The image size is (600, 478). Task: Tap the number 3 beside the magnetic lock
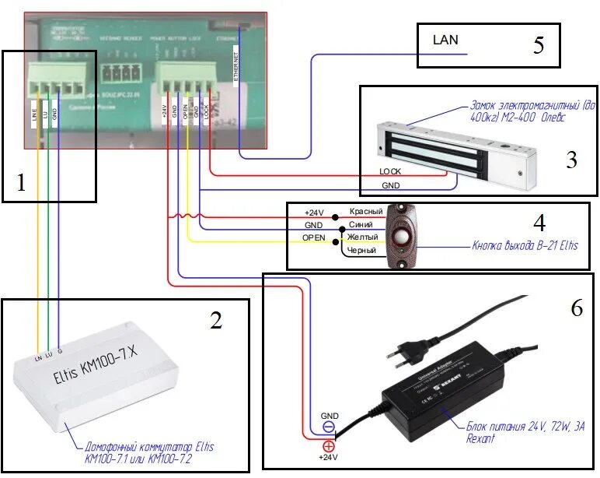tap(570, 160)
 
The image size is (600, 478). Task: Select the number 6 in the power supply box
tap(575, 308)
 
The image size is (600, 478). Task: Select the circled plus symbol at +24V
tap(329, 446)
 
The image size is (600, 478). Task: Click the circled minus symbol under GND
tap(329, 427)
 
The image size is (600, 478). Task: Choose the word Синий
tap(361, 224)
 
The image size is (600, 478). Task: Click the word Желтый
tap(363, 237)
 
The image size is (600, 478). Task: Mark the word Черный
tap(362, 251)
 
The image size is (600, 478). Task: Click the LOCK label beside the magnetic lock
tap(391, 170)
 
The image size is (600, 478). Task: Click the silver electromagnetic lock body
tap(451, 148)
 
